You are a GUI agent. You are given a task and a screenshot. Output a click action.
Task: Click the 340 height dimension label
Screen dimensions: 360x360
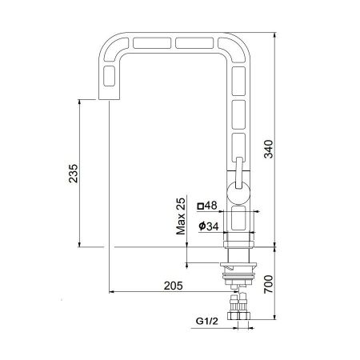pos(269,149)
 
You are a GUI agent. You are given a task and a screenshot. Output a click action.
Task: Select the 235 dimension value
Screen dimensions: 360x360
pos(74,174)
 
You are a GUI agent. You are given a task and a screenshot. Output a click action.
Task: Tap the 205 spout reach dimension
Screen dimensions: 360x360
pos(174,286)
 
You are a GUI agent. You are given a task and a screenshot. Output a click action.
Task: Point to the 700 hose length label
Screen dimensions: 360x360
pos(269,284)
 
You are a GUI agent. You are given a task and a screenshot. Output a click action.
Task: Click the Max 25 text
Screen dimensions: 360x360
pos(181,216)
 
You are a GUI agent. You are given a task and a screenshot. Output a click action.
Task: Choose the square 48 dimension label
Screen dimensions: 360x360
pos(207,206)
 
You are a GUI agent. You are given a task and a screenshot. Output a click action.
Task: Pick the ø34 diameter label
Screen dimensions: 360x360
pos(209,226)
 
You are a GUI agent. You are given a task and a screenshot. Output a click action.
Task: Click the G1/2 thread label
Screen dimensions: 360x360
pos(207,321)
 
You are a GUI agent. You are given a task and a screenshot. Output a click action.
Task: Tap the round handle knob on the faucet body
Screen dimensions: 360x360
pos(238,193)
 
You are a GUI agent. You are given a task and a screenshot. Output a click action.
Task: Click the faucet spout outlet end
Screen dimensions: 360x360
pos(109,99)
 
